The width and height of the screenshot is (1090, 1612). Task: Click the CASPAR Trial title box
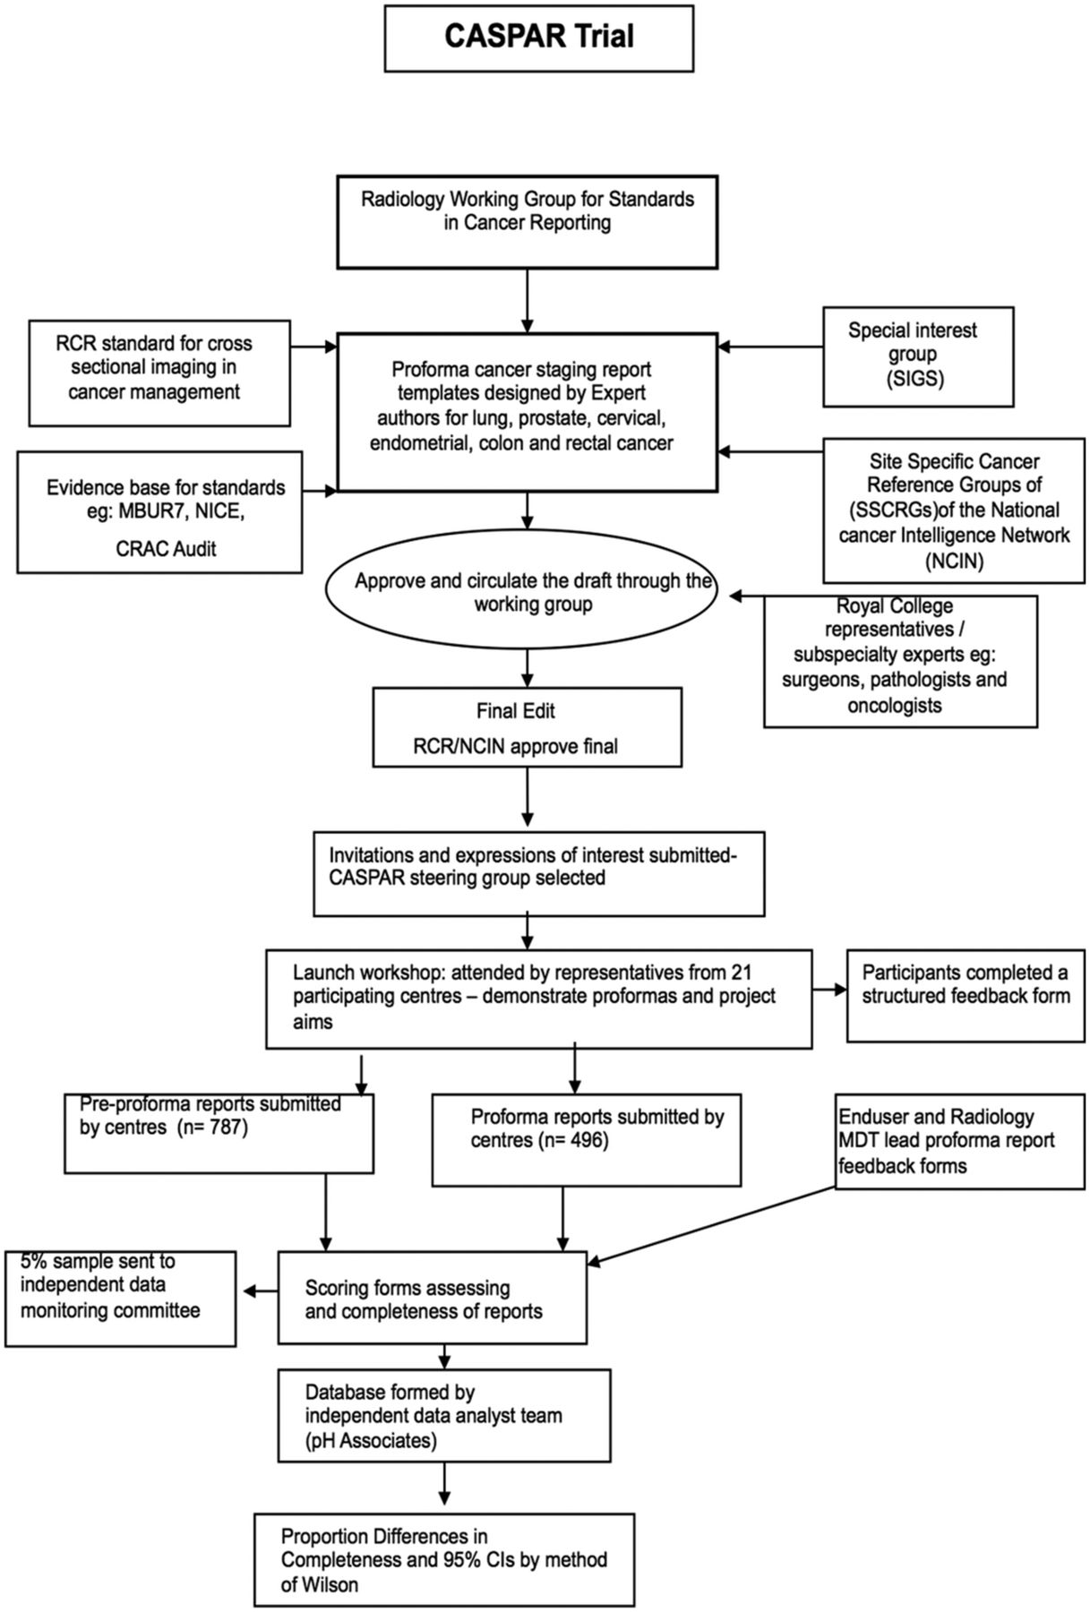tap(539, 38)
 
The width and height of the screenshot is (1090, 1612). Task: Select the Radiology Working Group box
tap(528, 222)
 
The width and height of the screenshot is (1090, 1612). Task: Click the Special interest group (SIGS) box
tap(919, 356)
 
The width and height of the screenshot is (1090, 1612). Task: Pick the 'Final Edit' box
tap(528, 727)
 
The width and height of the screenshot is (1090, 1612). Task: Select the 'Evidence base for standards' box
tap(159, 512)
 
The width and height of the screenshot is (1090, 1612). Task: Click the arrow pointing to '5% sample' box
tap(261, 1290)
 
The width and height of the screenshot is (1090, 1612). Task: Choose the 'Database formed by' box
tap(444, 1416)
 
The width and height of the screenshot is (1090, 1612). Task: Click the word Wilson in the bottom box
tap(320, 1584)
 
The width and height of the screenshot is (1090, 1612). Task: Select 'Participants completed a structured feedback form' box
tap(966, 996)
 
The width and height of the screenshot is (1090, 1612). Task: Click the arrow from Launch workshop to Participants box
tap(829, 990)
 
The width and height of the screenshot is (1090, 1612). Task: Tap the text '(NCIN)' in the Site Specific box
tap(954, 562)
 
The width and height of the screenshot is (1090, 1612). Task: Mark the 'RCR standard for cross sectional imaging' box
tap(159, 373)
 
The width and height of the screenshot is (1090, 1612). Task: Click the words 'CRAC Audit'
tap(166, 548)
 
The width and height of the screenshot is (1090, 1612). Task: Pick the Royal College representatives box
tap(900, 661)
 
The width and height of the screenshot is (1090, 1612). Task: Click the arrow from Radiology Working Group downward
tap(528, 301)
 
